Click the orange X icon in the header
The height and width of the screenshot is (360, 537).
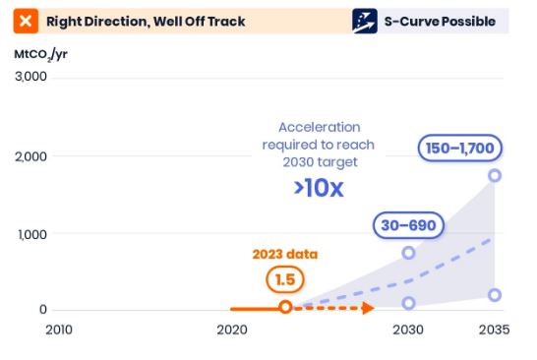pyautogui.click(x=27, y=21)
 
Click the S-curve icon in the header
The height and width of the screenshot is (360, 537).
pyautogui.click(x=365, y=21)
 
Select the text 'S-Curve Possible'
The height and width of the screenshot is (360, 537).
pyautogui.click(x=438, y=21)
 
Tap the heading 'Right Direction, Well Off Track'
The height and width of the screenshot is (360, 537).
pyautogui.click(x=146, y=21)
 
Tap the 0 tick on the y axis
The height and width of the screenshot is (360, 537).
pyautogui.click(x=42, y=310)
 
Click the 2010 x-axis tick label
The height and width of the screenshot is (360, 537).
pyautogui.click(x=58, y=330)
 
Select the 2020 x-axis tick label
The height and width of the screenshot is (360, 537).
pyautogui.click(x=231, y=330)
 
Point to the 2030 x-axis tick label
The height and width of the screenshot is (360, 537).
pyautogui.click(x=408, y=330)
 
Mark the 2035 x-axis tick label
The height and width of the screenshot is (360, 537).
pyautogui.click(x=494, y=330)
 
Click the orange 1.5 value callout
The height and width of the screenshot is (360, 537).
pyautogui.click(x=284, y=280)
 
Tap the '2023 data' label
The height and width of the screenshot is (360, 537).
pyautogui.click(x=285, y=254)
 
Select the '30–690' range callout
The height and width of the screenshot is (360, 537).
pyautogui.click(x=408, y=226)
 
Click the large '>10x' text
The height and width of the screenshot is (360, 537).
pyautogui.click(x=318, y=188)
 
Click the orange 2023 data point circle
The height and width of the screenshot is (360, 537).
pyautogui.click(x=285, y=308)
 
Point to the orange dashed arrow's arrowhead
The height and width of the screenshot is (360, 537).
pyautogui.click(x=368, y=308)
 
